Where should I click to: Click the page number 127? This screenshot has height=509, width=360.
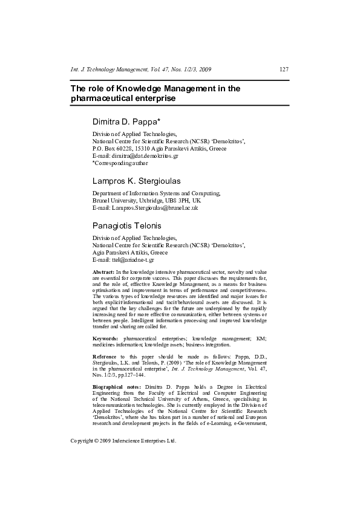coord(284,70)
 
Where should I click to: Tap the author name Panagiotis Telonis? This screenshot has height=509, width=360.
coord(128,225)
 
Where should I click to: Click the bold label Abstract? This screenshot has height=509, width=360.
coord(102,273)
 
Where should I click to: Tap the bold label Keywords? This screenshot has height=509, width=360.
coord(105,338)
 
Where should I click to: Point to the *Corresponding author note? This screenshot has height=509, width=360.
coord(120,163)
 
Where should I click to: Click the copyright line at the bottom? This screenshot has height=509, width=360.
coord(123,441)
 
